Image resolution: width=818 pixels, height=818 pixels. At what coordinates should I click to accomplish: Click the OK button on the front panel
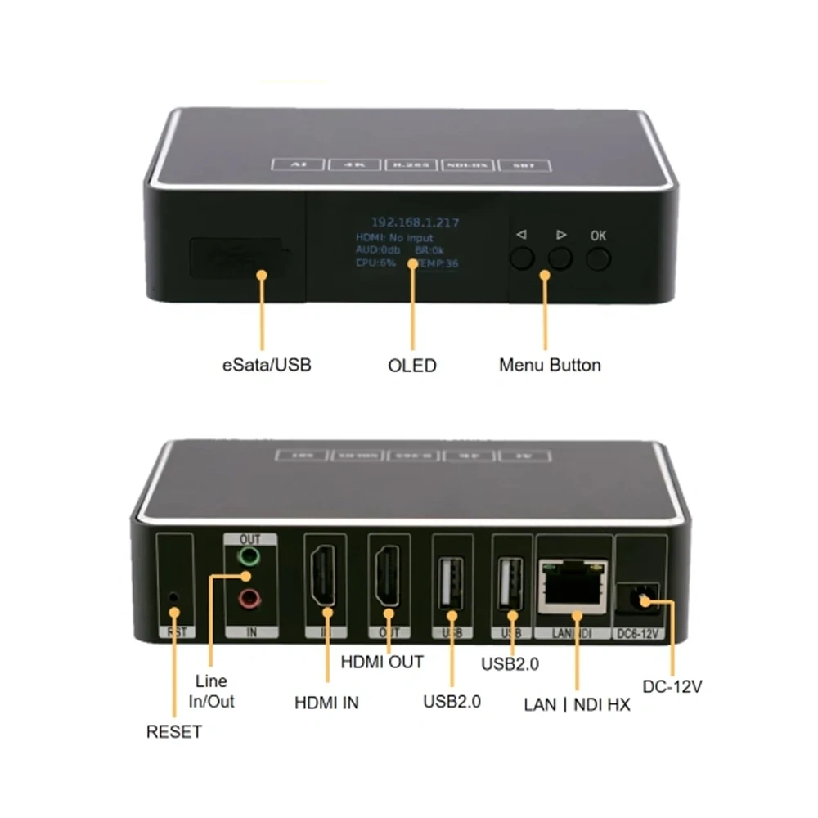(x=599, y=258)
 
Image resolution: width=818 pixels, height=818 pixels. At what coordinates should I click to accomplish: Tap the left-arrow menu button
(x=522, y=258)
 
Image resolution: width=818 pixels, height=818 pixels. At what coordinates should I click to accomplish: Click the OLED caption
(x=413, y=365)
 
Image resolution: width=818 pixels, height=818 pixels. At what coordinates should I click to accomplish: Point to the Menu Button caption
(x=550, y=365)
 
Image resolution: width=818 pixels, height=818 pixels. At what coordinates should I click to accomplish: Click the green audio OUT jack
(x=249, y=558)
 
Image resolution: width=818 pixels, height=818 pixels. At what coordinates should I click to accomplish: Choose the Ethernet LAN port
(x=573, y=586)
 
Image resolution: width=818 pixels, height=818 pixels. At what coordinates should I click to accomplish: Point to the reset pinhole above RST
(x=173, y=596)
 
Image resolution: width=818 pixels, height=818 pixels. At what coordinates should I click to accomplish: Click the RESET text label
(x=173, y=731)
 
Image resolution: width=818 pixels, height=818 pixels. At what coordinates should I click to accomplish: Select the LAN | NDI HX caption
(x=578, y=703)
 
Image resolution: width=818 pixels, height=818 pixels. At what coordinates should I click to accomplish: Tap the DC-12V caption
(x=672, y=687)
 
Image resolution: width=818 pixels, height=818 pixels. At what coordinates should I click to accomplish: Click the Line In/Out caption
(x=212, y=691)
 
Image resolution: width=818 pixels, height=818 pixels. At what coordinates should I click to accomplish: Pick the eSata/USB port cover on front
(x=237, y=258)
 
